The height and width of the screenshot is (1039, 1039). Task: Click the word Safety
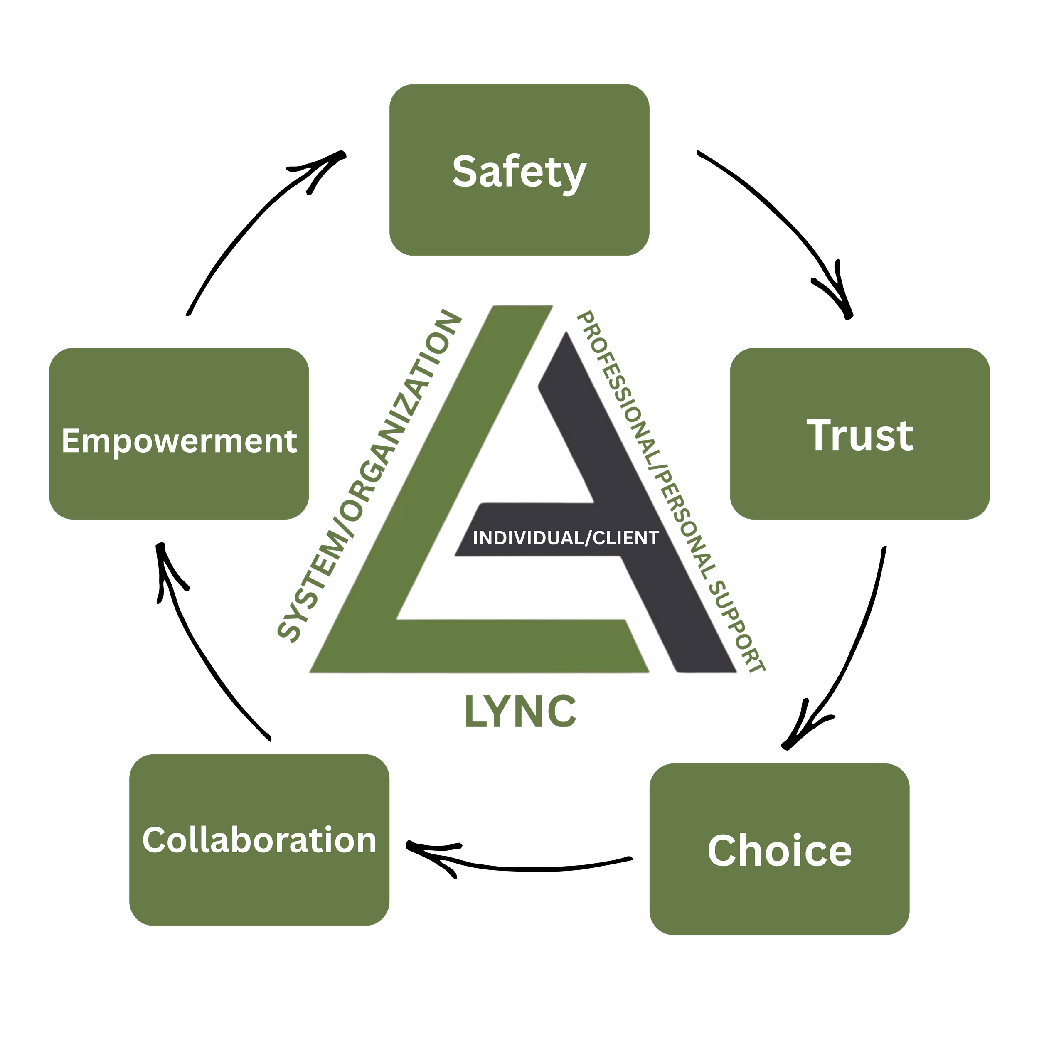[x=519, y=172]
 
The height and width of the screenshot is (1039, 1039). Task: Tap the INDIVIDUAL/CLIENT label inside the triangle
[x=566, y=538]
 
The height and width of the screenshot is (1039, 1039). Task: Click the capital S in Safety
[x=466, y=172]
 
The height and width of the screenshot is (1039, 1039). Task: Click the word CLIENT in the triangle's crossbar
[x=625, y=538]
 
